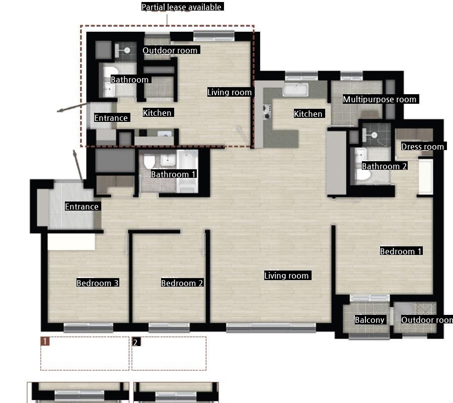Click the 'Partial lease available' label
click(x=182, y=7)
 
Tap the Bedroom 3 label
click(x=98, y=283)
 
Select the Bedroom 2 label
click(x=182, y=283)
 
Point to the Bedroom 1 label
click(x=401, y=251)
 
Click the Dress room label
click(x=422, y=147)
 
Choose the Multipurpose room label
click(x=380, y=99)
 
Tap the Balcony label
click(x=369, y=320)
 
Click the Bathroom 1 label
click(x=173, y=174)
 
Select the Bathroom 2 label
click(x=384, y=166)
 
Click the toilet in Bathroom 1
click(x=149, y=162)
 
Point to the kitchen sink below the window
click(x=295, y=89)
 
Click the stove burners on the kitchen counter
click(x=266, y=112)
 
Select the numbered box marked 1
click(x=85, y=353)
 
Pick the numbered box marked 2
click(x=169, y=353)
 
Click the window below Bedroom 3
click(x=88, y=327)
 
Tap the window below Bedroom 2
click(x=169, y=327)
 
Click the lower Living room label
click(x=286, y=275)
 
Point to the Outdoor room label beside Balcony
click(x=427, y=320)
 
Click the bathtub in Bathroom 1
click(x=187, y=171)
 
